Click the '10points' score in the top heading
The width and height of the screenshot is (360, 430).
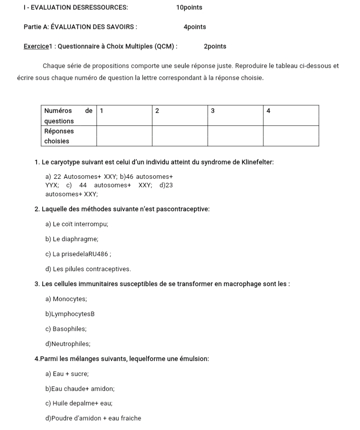tap(189, 7)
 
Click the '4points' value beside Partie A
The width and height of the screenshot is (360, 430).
tap(194, 27)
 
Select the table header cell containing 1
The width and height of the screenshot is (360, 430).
tap(124, 115)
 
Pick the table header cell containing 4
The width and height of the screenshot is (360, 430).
tap(290, 115)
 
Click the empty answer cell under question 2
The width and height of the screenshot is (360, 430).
tap(179, 136)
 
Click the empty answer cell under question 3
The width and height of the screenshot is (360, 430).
tap(234, 136)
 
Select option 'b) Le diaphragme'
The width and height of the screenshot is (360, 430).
tap(71, 239)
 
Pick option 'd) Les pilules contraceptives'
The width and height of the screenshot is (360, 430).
tap(88, 269)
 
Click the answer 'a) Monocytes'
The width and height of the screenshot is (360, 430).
tap(66, 299)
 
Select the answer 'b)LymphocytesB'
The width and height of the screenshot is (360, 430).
tap(70, 314)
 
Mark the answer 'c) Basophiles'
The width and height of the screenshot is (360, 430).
tap(66, 329)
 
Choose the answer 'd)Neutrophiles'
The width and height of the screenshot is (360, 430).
tap(68, 344)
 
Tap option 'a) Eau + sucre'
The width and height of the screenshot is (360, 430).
tap(67, 374)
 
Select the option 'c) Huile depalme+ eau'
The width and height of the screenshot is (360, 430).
tap(79, 403)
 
